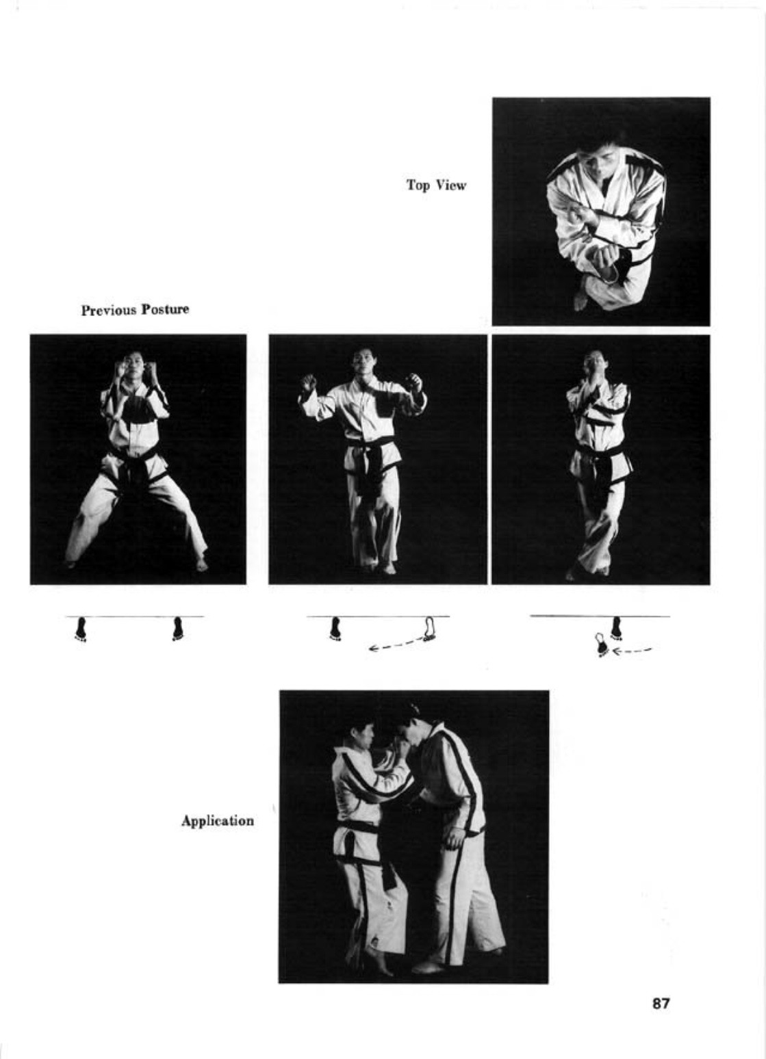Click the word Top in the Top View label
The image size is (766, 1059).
[x=418, y=185]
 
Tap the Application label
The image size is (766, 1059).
[x=218, y=820]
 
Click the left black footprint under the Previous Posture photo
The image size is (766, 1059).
[x=81, y=628]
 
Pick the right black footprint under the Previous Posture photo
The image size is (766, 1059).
[x=179, y=628]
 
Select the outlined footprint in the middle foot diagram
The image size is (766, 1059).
[x=430, y=628]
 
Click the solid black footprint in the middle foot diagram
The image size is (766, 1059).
[x=336, y=628]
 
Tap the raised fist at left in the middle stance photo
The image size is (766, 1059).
[x=309, y=382]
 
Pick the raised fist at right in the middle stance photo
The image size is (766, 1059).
[x=415, y=382]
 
